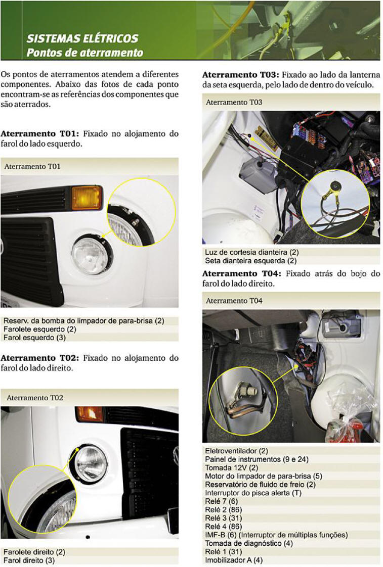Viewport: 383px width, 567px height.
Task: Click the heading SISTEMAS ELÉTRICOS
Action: tap(82, 38)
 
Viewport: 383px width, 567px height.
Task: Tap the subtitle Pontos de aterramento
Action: tap(84, 53)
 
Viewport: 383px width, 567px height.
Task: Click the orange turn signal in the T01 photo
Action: tap(87, 198)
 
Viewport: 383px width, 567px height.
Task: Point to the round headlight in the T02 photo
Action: tap(91, 464)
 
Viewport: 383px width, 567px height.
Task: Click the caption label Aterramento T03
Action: tap(234, 103)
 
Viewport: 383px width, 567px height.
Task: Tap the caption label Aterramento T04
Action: tap(234, 301)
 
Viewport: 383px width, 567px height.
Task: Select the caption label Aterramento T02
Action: tap(35, 398)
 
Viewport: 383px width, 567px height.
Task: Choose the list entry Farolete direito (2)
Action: tap(34, 552)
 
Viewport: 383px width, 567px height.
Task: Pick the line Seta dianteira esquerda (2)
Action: tap(250, 261)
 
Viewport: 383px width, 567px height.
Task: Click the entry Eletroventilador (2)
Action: tap(236, 451)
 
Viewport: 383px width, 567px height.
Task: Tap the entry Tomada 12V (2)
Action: tap(231, 467)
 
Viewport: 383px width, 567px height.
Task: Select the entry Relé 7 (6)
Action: tap(221, 501)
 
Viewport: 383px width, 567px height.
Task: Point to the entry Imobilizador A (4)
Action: tap(234, 560)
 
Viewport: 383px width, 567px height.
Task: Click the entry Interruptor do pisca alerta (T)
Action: tap(253, 493)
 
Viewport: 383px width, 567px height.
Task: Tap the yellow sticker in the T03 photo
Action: tap(266, 138)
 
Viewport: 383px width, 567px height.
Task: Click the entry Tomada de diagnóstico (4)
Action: tap(249, 543)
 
